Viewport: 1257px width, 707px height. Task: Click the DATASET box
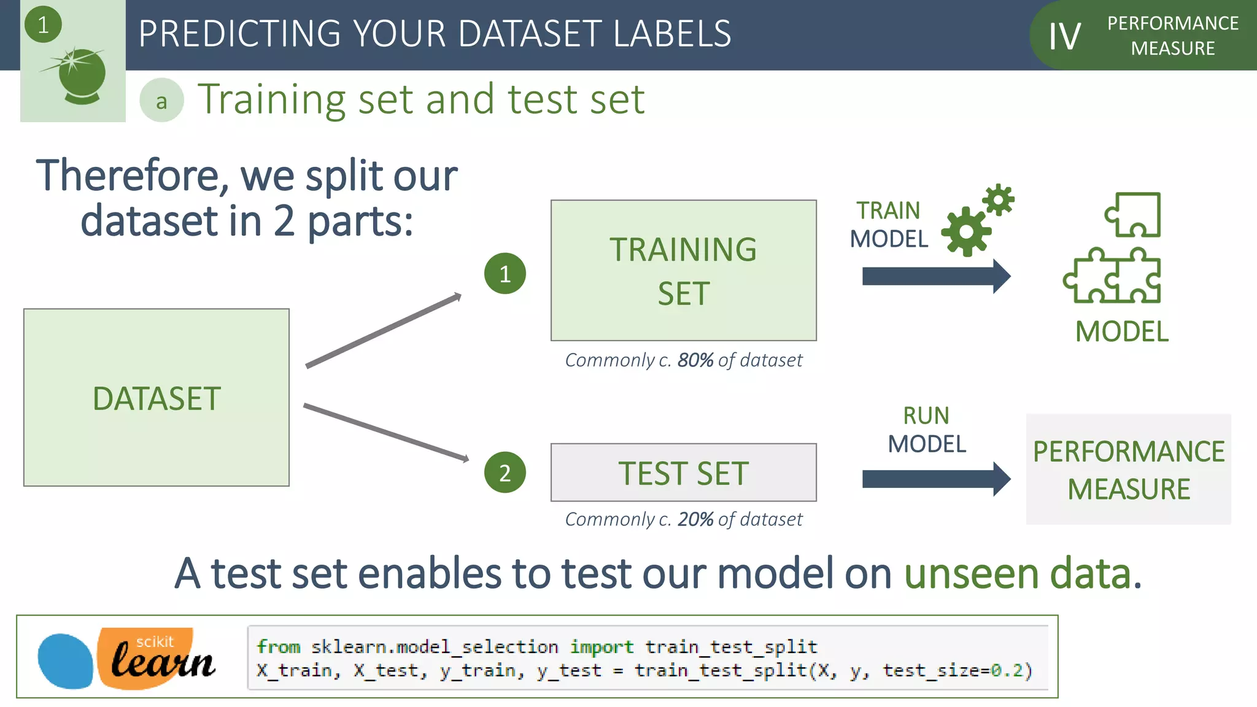pos(156,398)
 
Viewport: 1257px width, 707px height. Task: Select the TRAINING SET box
pos(683,270)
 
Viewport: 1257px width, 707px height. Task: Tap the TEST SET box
pos(683,473)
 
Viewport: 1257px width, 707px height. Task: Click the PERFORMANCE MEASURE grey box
pos(1128,469)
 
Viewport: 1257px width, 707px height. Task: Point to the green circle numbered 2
pos(505,473)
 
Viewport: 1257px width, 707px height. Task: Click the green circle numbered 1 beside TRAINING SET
pos(505,274)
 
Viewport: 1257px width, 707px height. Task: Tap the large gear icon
pos(966,232)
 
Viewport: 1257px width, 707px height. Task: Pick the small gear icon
pos(999,200)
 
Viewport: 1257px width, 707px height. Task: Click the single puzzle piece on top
pos(1134,215)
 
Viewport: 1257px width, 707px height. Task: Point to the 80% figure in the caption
pos(695,360)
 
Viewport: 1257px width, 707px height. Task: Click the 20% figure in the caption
pos(695,520)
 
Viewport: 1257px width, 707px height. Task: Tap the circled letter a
pos(161,101)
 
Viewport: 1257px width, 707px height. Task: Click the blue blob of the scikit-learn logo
pos(64,661)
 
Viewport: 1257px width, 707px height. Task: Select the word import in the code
pos(601,647)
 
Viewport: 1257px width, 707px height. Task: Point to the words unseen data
pos(1022,574)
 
